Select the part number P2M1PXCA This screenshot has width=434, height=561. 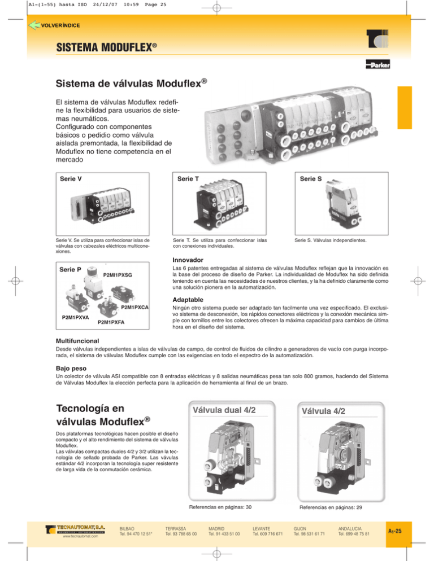pos(134,307)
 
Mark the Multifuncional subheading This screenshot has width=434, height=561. pos(77,341)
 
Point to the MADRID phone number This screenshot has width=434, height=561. pos(224,533)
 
